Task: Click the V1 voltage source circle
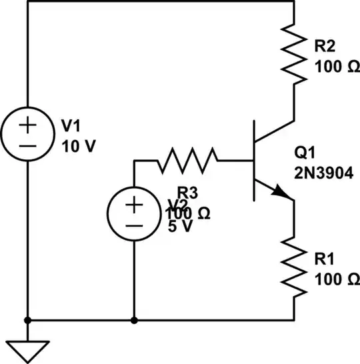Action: [x=27, y=134]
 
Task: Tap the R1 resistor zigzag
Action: [x=294, y=267]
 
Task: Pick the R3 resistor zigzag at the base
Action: [x=187, y=160]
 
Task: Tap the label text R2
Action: [x=325, y=46]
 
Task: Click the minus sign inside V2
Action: [x=134, y=225]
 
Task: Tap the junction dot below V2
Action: [x=134, y=320]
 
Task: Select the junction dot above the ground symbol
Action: [x=27, y=320]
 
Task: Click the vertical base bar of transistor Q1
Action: [x=254, y=160]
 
